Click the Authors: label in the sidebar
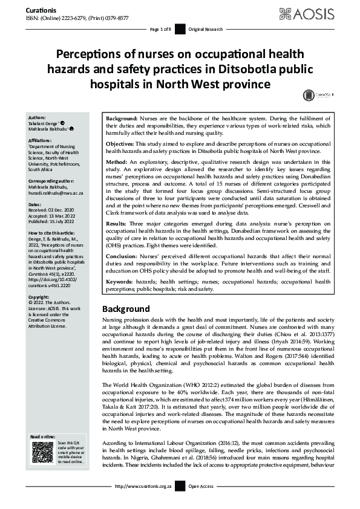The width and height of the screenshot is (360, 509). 38,117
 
